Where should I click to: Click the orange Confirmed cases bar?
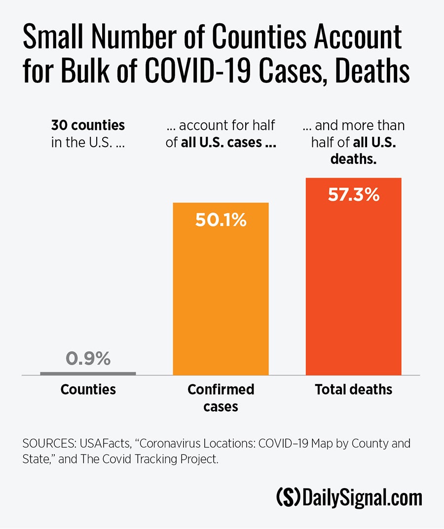221,296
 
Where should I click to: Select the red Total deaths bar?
353,286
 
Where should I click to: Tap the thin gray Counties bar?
88,374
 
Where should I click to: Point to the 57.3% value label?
353,195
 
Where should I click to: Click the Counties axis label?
88,389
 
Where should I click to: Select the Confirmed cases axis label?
221,397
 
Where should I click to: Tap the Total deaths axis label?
353,389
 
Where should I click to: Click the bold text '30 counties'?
88,125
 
